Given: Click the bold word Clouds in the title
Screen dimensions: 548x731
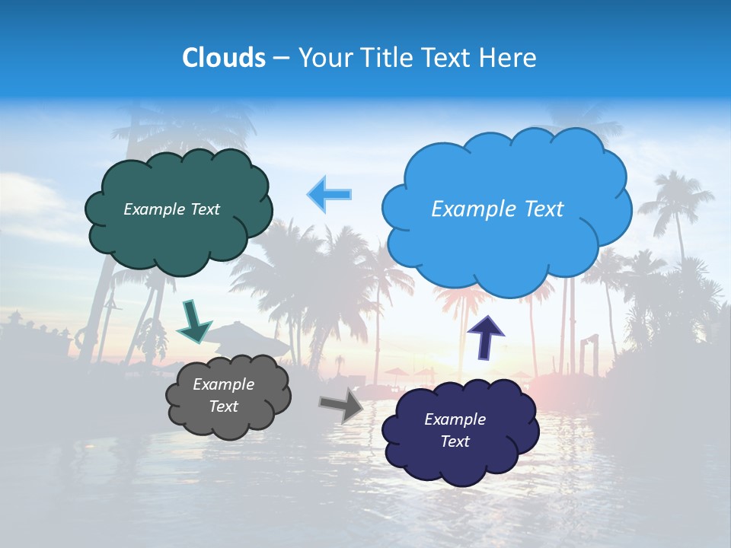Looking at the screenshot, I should tap(224, 58).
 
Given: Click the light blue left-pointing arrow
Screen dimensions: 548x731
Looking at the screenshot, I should tap(330, 195).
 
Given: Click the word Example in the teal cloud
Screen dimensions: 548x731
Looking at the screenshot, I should tap(151, 209).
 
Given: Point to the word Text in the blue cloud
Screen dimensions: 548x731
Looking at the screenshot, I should tap(541, 209).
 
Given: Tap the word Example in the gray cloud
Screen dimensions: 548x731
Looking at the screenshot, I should tap(223, 384).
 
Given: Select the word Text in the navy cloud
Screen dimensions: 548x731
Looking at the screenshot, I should tap(455, 441).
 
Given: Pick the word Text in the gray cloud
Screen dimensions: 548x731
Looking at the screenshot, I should tap(223, 406).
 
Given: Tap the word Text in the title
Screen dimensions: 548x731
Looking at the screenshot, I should tap(452, 58).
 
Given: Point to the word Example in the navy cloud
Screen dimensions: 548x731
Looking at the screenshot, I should tap(455, 419).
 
